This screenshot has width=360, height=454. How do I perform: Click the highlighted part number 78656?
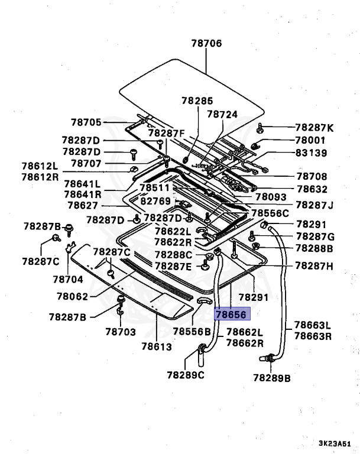pyautogui.click(x=233, y=315)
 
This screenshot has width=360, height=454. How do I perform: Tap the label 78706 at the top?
pyautogui.click(x=206, y=43)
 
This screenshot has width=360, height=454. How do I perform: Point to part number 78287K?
pyautogui.click(x=314, y=128)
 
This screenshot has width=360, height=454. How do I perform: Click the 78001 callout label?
pyautogui.click(x=310, y=140)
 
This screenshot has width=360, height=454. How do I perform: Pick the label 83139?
pyautogui.click(x=310, y=153)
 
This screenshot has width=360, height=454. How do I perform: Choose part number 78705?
pyautogui.click(x=87, y=122)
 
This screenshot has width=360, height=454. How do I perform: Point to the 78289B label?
pyautogui.click(x=271, y=377)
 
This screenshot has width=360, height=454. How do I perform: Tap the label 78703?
pyautogui.click(x=121, y=333)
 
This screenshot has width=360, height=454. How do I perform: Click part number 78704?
pyautogui.click(x=69, y=278)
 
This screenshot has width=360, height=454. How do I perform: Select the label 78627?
pyautogui.click(x=83, y=206)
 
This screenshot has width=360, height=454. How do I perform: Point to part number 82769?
pyautogui.click(x=155, y=202)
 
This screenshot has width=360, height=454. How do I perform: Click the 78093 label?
pyautogui.click(x=271, y=197)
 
